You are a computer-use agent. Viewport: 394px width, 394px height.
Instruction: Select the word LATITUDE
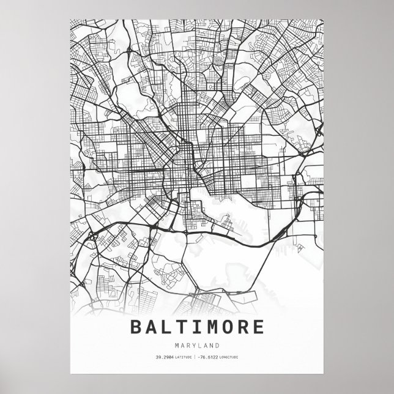coord(182,357)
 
